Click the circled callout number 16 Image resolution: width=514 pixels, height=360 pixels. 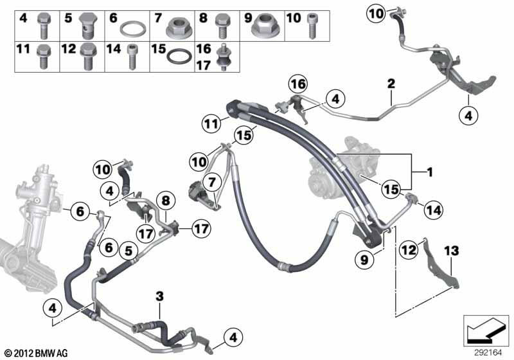click(x=298, y=84)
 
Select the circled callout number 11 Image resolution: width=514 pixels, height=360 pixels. click(x=211, y=124)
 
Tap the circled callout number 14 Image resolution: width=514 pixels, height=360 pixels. click(x=433, y=210)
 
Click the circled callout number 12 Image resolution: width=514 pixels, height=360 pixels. click(x=409, y=250)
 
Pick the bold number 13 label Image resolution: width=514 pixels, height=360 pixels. click(x=452, y=251)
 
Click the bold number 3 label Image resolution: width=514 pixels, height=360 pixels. click(x=159, y=297)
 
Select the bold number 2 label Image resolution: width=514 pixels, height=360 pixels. click(x=391, y=84)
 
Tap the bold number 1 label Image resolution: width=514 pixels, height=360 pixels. click(x=429, y=172)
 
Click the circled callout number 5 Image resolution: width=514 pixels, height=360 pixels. click(x=128, y=251)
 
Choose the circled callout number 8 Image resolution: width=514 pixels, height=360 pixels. click(x=166, y=201)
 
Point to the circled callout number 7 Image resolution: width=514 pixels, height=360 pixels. click(x=212, y=182)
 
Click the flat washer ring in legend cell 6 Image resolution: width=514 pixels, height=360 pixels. click(x=133, y=29)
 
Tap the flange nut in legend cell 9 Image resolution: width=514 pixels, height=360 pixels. click(x=265, y=25)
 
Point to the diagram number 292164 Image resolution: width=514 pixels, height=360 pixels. click(x=488, y=353)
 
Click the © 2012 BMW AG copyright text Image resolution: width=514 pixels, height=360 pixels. click(x=37, y=353)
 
